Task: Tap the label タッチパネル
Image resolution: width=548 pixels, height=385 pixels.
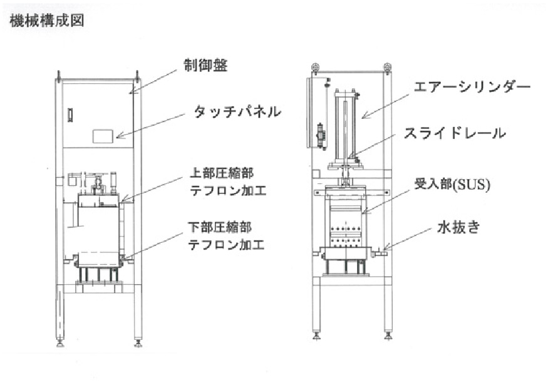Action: pyautogui.click(x=237, y=113)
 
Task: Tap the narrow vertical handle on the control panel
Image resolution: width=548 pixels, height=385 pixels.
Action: pyautogui.click(x=70, y=115)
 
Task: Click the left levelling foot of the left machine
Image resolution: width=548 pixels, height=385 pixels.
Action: pyautogui.click(x=61, y=343)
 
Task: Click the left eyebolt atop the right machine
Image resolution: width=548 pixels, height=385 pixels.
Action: pyautogui.click(x=316, y=66)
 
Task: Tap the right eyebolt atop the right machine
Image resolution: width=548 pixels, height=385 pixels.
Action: pyautogui.click(x=388, y=66)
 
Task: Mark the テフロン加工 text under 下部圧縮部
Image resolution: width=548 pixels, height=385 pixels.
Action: pyautogui.click(x=226, y=244)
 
